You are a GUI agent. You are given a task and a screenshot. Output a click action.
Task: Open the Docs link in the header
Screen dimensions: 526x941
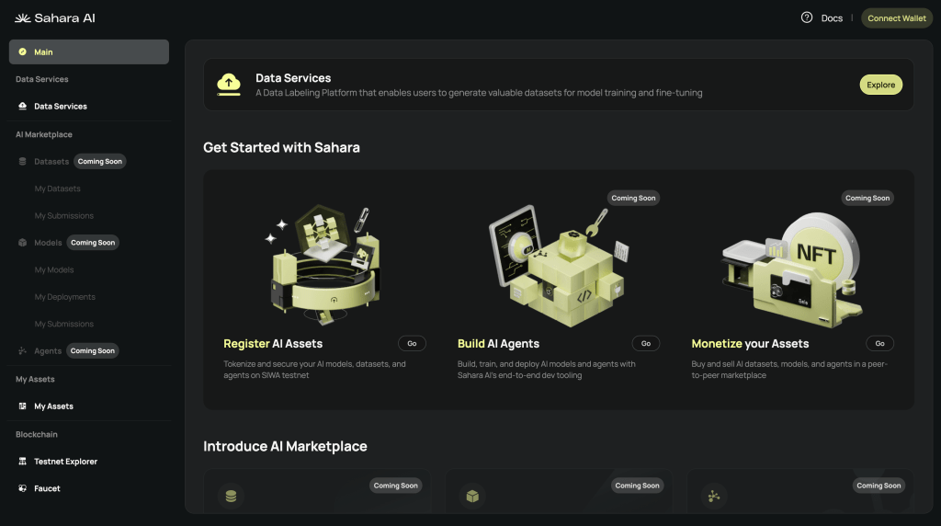click(x=831, y=18)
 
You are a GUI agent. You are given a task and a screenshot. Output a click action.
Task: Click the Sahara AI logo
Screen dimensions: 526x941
click(x=55, y=18)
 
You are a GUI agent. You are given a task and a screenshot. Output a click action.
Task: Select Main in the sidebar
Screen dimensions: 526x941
click(x=88, y=51)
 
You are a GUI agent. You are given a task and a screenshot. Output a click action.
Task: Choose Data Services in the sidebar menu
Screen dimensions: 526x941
click(x=61, y=107)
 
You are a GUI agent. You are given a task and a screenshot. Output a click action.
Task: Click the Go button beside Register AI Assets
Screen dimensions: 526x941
click(x=412, y=343)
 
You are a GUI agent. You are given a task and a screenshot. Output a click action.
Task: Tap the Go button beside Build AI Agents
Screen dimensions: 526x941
click(x=645, y=343)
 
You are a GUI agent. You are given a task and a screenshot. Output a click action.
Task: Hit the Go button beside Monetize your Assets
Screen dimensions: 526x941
click(x=879, y=343)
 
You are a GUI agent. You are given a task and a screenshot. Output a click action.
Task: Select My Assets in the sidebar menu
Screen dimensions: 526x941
click(x=53, y=406)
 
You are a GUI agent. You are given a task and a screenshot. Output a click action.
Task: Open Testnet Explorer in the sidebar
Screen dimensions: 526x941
click(x=65, y=462)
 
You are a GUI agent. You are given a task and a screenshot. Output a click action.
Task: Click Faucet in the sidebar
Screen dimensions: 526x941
click(x=47, y=488)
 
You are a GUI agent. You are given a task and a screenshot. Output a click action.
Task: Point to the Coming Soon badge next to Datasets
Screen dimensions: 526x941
click(x=99, y=161)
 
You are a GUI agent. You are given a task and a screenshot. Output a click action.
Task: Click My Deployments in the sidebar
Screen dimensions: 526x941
click(x=64, y=297)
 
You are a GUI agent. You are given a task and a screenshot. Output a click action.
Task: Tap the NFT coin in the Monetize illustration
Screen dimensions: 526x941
click(x=816, y=252)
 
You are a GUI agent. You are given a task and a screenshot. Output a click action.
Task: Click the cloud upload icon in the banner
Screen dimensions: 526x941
click(x=229, y=84)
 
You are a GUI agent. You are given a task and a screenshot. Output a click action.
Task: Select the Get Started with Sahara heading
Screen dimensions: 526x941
click(x=281, y=147)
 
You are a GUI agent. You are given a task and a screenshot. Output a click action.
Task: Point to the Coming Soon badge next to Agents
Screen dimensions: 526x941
click(x=93, y=350)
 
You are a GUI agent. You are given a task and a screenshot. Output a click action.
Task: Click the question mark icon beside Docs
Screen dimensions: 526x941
click(x=807, y=17)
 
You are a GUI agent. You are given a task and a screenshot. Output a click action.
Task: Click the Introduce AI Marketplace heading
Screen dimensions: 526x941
click(x=285, y=446)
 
